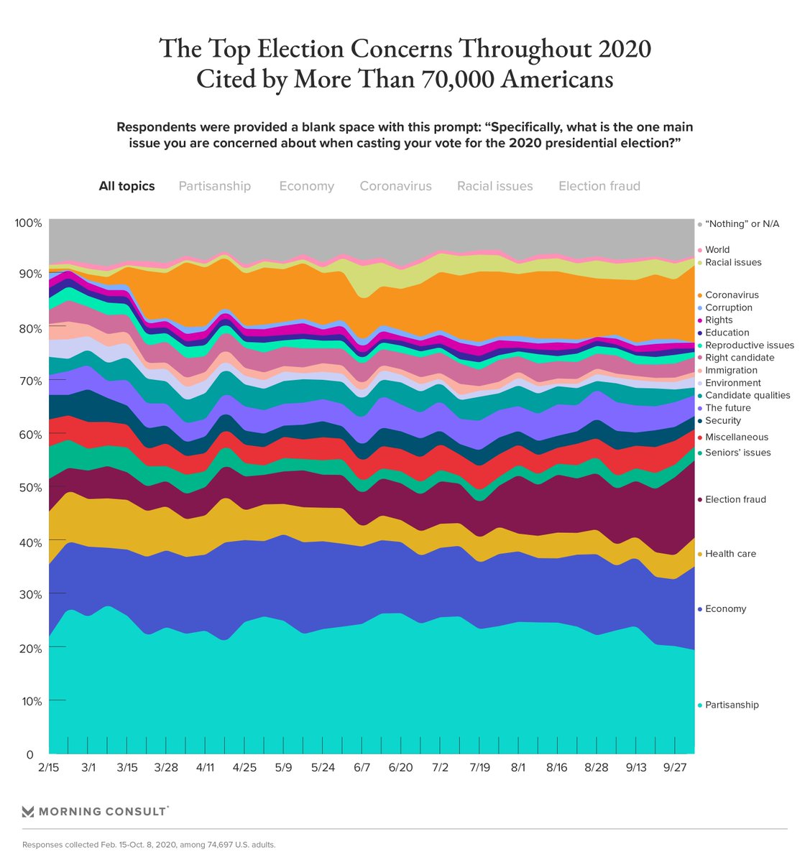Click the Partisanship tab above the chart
point(214,186)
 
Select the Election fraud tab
point(599,186)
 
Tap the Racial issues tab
point(494,186)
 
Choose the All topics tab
point(126,186)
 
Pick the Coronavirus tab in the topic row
point(395,186)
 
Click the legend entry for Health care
point(730,554)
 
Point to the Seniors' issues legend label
point(737,453)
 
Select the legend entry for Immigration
point(730,370)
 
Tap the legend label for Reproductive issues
point(749,345)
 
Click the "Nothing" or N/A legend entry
point(741,224)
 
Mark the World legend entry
point(717,250)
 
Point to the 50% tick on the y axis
point(29,488)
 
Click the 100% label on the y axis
point(28,223)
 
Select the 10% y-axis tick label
point(29,701)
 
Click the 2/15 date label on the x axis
point(49,767)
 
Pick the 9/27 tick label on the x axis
point(675,767)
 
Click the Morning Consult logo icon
point(28,812)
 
